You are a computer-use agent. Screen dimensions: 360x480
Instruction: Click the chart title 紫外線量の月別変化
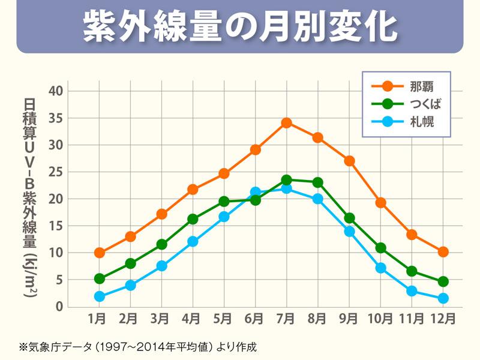[239, 26]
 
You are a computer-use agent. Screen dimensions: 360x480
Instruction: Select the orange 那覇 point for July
[286, 123]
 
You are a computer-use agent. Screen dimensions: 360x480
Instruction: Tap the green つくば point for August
[317, 182]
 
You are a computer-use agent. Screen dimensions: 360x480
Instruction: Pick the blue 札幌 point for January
[99, 296]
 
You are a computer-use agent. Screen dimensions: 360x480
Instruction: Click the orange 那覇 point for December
[443, 252]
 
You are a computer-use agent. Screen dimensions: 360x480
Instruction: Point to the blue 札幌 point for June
[255, 193]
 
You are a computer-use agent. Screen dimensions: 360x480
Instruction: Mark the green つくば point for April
[193, 219]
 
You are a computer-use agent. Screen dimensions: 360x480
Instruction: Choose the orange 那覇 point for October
[380, 203]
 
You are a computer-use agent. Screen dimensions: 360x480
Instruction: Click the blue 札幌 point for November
[412, 291]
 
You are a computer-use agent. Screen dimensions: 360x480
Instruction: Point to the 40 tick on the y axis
[56, 91]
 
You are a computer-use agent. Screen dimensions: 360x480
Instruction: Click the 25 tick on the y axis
[56, 172]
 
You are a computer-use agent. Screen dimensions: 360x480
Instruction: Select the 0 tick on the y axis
[59, 307]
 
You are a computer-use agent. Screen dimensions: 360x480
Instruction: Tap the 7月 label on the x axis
[286, 317]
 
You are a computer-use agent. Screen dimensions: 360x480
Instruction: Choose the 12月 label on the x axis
[443, 317]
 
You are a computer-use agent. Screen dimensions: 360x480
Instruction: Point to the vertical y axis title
[30, 198]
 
